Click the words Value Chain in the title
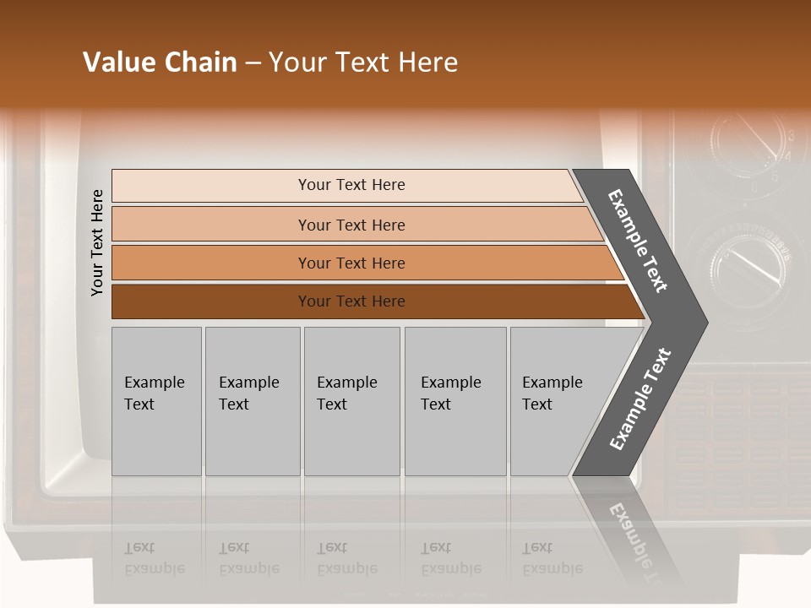(x=160, y=62)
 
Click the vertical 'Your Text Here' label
(x=97, y=242)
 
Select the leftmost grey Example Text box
(x=156, y=400)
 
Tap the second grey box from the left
(x=252, y=400)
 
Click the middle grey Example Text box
(x=351, y=400)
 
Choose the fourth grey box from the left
(x=454, y=400)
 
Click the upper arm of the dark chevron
(x=638, y=241)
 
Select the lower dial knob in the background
(x=748, y=258)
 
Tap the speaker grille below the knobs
(x=743, y=439)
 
